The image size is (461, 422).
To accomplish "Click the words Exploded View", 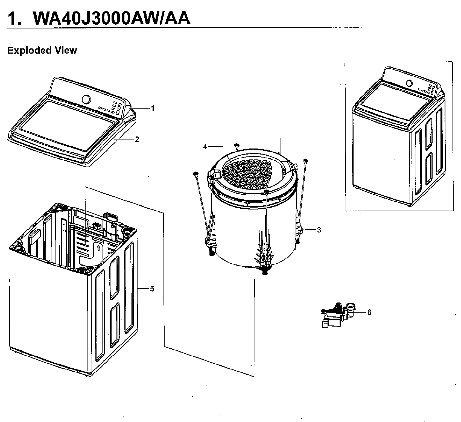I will [42, 50].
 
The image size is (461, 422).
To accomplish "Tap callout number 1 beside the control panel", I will [153, 108].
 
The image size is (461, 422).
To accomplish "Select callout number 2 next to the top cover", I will [137, 139].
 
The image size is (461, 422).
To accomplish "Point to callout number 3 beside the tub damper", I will [319, 230].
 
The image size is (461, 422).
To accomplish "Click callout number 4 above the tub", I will [205, 147].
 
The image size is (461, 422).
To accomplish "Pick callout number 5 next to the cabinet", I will [152, 289].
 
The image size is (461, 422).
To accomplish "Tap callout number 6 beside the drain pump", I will [369, 312].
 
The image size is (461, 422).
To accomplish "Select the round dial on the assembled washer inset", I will [409, 83].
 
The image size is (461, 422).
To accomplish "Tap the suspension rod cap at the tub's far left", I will [195, 173].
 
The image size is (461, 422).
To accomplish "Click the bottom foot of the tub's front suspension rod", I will [265, 272].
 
